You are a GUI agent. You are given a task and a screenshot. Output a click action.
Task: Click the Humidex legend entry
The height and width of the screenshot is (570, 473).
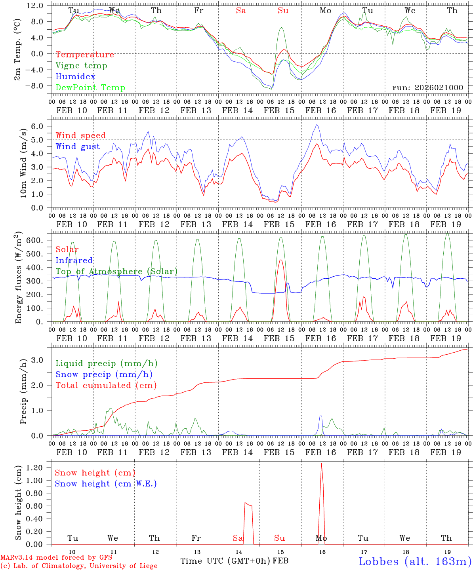pyautogui.click(x=75, y=77)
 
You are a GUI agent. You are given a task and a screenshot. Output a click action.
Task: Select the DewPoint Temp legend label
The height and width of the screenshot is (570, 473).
pyautogui.click(x=90, y=88)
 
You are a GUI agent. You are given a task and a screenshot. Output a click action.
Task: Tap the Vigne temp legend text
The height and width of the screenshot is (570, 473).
pyautogui.click(x=81, y=66)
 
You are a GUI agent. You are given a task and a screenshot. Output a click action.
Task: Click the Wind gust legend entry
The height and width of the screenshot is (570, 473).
pyautogui.click(x=78, y=146)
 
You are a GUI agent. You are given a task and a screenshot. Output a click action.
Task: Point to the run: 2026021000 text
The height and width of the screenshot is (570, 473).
pyautogui.click(x=427, y=87)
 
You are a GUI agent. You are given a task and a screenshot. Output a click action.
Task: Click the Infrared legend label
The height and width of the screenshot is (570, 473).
pyautogui.click(x=74, y=260)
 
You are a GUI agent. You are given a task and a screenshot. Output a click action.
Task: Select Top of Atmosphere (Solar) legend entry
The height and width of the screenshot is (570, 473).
pyautogui.click(x=116, y=272)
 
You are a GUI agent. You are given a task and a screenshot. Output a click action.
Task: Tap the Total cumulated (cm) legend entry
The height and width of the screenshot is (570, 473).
pyautogui.click(x=106, y=386)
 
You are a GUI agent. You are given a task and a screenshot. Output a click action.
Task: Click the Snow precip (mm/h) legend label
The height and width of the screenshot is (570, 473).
pyautogui.click(x=104, y=374)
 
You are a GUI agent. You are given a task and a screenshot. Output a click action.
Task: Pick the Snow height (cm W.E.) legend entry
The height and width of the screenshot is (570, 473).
pyautogui.click(x=106, y=484)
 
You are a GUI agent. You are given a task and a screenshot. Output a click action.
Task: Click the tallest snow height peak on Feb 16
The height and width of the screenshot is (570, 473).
pyautogui.click(x=321, y=464)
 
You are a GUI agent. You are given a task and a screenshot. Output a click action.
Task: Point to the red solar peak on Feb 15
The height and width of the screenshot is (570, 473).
pyautogui.click(x=280, y=260)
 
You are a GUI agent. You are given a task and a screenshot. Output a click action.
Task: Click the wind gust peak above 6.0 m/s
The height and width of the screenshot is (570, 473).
pyautogui.click(x=317, y=125)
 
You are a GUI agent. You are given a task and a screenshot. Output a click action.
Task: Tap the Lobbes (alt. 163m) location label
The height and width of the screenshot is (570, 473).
pyautogui.click(x=415, y=561)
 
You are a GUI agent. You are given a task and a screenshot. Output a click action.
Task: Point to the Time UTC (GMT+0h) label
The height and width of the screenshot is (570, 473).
pyautogui.click(x=225, y=561)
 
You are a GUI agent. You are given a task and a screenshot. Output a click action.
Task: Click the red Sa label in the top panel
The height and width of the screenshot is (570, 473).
pyautogui.click(x=241, y=10)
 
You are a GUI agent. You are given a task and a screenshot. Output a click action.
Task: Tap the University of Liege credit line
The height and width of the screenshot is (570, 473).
pyautogui.click(x=79, y=566)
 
